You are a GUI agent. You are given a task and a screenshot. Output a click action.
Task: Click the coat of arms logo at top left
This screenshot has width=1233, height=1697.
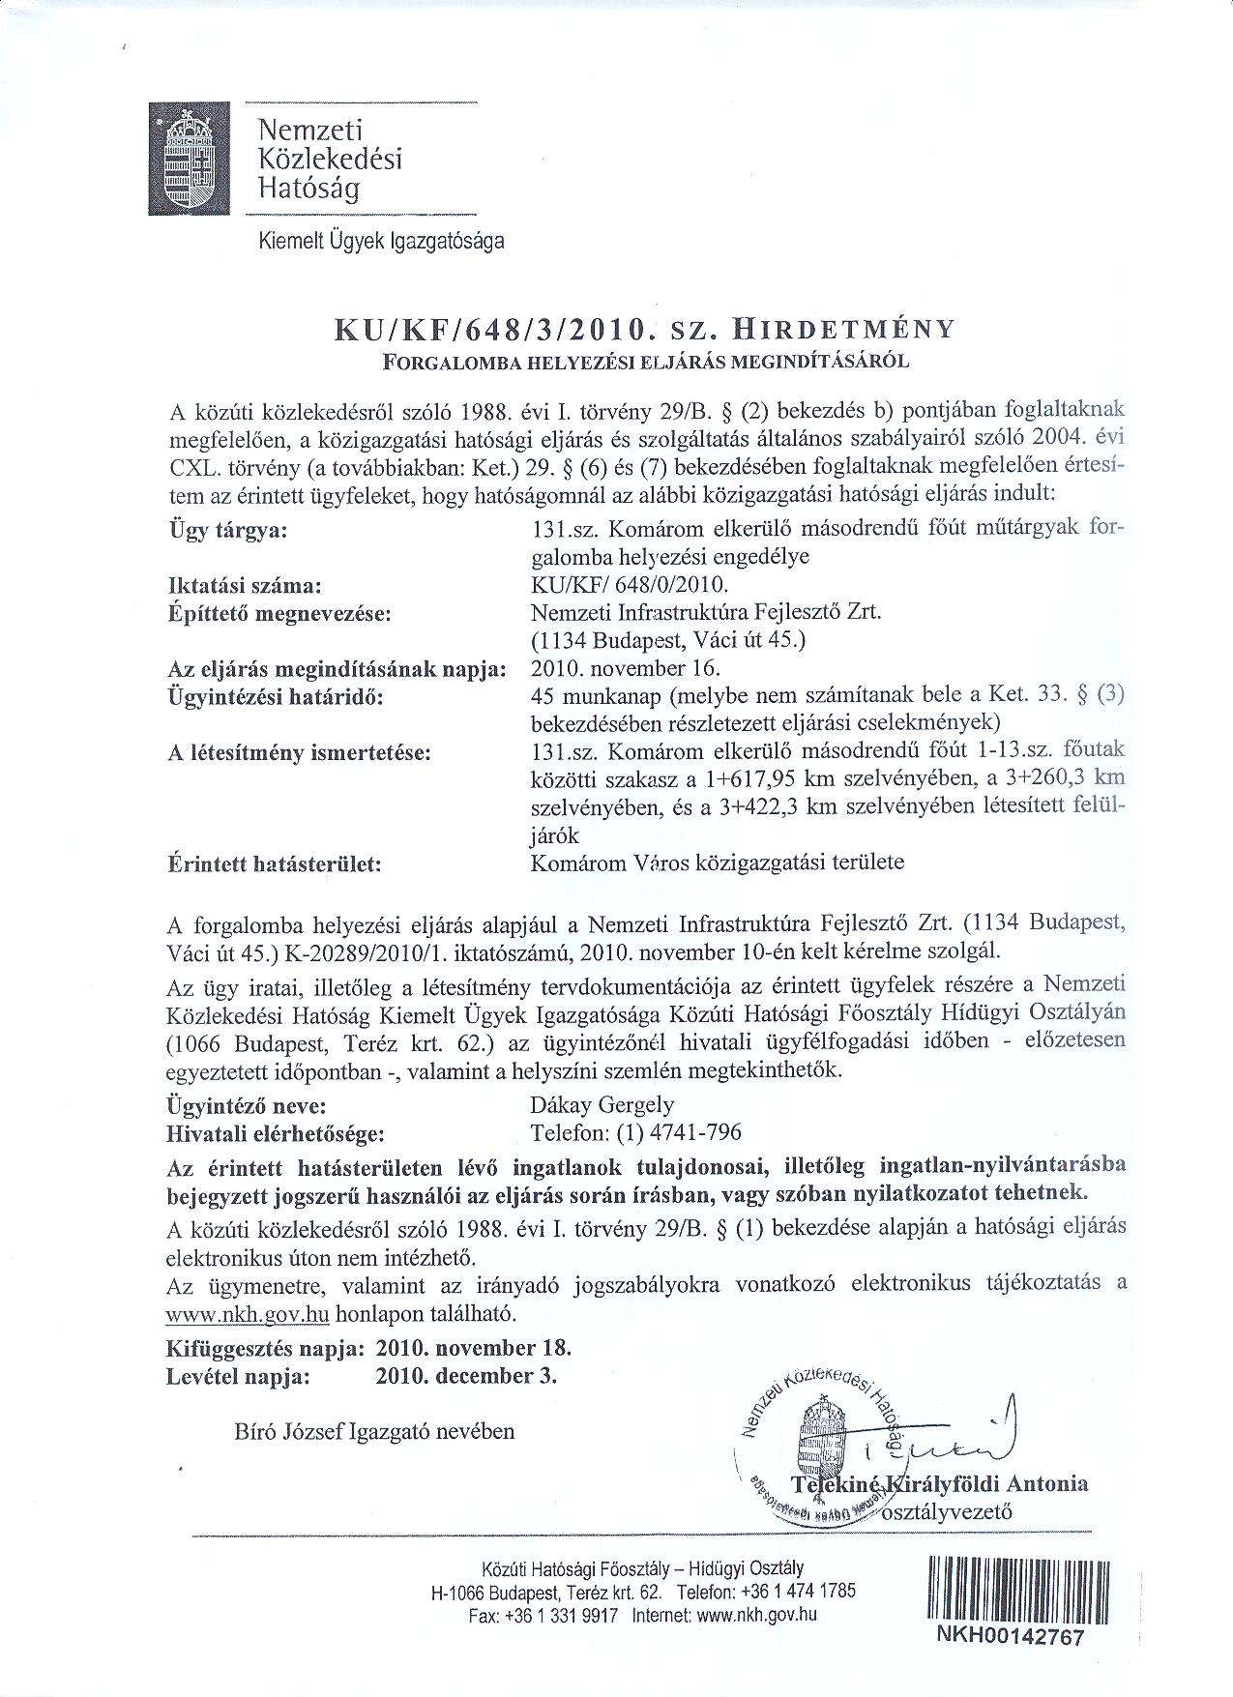pyautogui.click(x=190, y=159)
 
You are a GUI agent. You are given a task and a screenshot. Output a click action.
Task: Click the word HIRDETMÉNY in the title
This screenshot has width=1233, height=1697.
pyautogui.click(x=843, y=329)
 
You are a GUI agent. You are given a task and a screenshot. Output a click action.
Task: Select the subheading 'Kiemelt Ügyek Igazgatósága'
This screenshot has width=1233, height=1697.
pyautogui.click(x=381, y=242)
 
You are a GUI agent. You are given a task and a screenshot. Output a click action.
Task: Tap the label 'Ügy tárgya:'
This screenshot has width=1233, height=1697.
pyautogui.click(x=228, y=531)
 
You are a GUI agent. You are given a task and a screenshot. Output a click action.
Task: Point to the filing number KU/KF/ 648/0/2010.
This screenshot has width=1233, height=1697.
pyautogui.click(x=630, y=585)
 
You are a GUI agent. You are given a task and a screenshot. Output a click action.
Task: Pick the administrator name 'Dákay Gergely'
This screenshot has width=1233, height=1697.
pyautogui.click(x=602, y=1105)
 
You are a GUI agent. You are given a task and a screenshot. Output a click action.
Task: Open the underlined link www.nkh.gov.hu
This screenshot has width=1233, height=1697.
pyautogui.click(x=249, y=1314)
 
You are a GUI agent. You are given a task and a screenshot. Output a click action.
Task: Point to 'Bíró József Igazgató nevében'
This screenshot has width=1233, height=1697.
pyautogui.click(x=374, y=1431)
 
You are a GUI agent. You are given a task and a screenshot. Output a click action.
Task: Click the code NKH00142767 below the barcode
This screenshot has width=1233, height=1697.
pyautogui.click(x=1011, y=1636)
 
